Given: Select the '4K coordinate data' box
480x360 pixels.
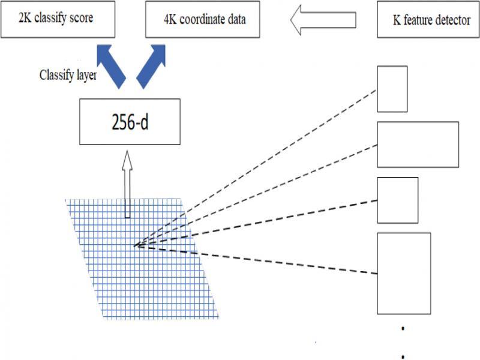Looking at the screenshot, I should (x=204, y=19).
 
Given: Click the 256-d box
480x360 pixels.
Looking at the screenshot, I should (x=129, y=121).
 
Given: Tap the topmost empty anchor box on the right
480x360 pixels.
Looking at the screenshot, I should (x=392, y=89).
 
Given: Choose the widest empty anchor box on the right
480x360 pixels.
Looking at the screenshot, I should (x=418, y=144).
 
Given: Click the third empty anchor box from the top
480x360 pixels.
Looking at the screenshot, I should (x=397, y=200).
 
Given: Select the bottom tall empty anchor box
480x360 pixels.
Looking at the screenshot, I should (x=404, y=273).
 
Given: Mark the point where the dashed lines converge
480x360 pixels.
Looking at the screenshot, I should (x=136, y=245).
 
